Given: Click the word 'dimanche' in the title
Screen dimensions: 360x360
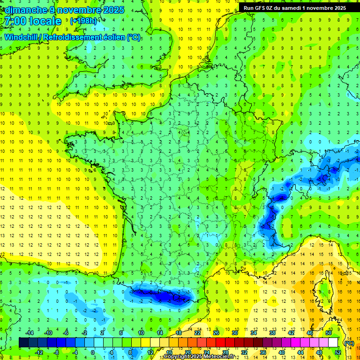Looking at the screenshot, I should pos(24,10).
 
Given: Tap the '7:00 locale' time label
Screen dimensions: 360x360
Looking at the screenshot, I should pos(32,21).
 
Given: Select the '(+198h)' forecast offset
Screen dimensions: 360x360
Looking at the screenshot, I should pos(83,21).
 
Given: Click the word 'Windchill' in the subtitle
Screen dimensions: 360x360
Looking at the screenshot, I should pos(21,37).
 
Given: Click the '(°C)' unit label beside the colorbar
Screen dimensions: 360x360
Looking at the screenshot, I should pos(349,343).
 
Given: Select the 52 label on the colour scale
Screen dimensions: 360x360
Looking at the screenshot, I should pos(338,352).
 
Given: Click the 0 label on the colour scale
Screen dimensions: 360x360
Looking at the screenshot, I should pos(92,352).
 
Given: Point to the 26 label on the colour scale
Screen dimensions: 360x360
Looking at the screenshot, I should pos(216,332).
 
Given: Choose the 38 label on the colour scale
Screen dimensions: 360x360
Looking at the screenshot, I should pos(272,332).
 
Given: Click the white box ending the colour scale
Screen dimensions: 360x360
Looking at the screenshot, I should pos(333,342).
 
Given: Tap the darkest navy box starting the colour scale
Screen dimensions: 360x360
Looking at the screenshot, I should pos(23,342).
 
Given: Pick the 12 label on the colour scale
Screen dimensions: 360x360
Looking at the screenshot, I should pos(150,352).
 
